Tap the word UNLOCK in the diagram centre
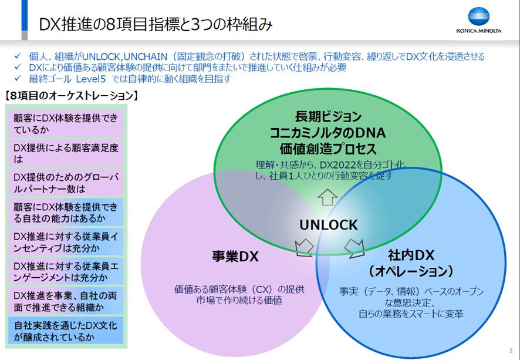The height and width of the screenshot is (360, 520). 328,224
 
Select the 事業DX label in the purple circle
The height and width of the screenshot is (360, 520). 235,257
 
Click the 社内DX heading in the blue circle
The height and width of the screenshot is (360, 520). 411,256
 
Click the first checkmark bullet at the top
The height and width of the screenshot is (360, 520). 18,57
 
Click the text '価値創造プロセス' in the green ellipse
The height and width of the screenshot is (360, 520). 328,148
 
